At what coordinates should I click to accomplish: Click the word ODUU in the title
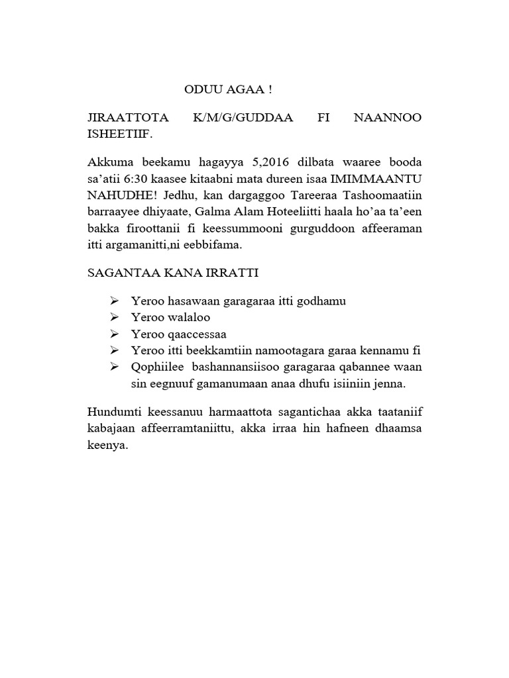tap(200, 89)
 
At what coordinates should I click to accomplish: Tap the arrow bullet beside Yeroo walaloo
tap(114, 317)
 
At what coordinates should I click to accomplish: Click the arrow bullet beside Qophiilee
tap(114, 367)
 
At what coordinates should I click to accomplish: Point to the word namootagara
tap(292, 350)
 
